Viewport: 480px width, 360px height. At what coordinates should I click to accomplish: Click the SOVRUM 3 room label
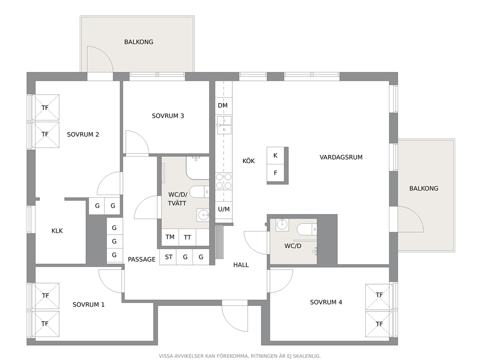point(168,116)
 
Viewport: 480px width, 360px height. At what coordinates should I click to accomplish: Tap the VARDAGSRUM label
point(341,157)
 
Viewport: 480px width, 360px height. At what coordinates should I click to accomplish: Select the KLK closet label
point(57,231)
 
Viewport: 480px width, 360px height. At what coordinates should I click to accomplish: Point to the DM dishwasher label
point(223,105)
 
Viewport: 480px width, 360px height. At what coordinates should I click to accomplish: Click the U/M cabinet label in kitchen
point(224,210)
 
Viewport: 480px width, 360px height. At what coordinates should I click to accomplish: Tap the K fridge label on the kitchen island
point(275,155)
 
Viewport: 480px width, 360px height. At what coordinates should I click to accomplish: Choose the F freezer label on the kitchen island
point(275,173)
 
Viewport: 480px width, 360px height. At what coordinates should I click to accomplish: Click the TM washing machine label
point(170,237)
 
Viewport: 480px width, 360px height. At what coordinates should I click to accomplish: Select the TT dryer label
point(187,237)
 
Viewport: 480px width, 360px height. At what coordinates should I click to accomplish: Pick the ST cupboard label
point(169,257)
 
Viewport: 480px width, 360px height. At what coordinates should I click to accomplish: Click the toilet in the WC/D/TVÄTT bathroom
point(199,192)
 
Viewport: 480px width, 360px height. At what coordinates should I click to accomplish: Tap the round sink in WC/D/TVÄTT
point(203,215)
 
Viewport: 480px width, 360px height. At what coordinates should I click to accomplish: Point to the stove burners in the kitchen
point(224,181)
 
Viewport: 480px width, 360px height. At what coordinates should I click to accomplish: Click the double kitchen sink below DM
point(224,125)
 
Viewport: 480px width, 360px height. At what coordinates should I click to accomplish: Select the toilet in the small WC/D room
point(307,229)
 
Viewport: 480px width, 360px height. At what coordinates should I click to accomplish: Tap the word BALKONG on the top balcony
point(139,42)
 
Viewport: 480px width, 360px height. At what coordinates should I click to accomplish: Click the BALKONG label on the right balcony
point(424,189)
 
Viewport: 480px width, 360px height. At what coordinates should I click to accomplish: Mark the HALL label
point(241,265)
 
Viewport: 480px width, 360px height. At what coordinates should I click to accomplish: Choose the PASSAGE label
point(142,259)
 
